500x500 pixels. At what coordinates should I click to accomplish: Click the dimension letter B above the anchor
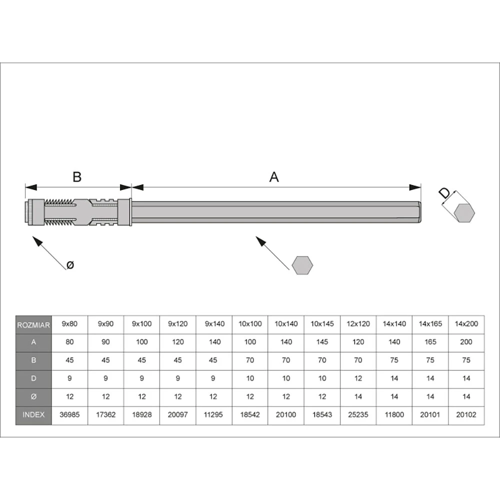click(x=77, y=176)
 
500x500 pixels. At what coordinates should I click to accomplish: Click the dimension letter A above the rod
click(x=274, y=176)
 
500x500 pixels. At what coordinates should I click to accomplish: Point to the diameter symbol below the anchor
click(x=70, y=264)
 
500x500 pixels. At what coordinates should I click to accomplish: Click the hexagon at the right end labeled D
click(x=464, y=212)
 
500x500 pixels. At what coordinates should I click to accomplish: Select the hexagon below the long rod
click(x=302, y=265)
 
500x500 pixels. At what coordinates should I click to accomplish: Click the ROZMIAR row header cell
click(x=33, y=325)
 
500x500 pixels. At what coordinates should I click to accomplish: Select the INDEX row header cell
click(x=33, y=415)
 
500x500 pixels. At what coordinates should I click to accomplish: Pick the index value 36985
click(x=69, y=415)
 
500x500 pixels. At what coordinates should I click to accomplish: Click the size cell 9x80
click(x=69, y=324)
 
